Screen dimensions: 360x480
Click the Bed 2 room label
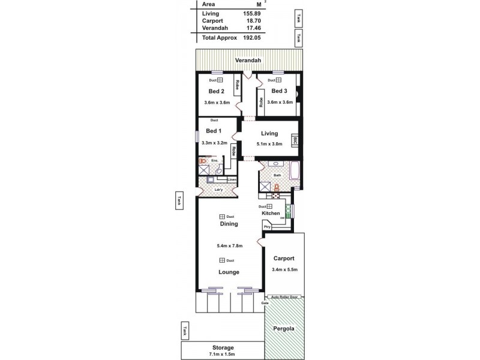(x=217, y=92)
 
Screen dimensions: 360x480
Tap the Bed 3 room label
(x=279, y=91)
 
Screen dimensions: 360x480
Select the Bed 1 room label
(x=214, y=131)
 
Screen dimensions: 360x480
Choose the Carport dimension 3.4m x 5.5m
(x=284, y=270)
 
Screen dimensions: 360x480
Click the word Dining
(x=229, y=224)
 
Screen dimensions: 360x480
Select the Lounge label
(x=229, y=272)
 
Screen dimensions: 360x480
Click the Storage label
(x=223, y=347)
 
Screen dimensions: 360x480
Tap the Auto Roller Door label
(x=284, y=297)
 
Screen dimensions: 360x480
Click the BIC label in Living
(x=295, y=141)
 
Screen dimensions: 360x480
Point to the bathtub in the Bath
(x=295, y=170)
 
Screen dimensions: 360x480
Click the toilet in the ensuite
(x=203, y=161)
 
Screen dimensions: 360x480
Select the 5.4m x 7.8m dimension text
(x=229, y=245)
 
